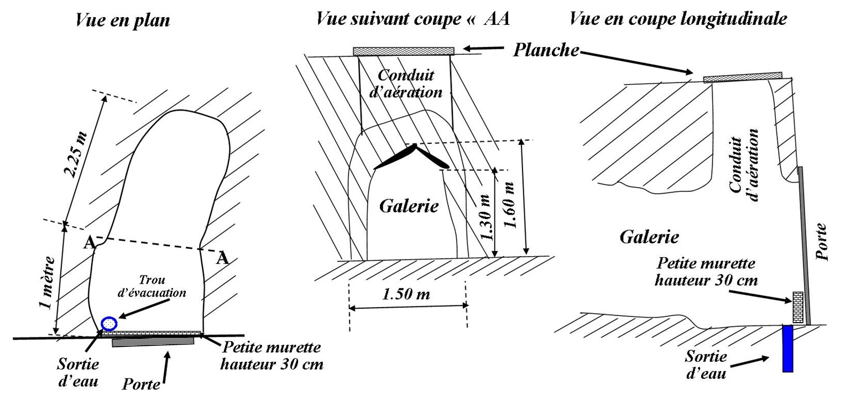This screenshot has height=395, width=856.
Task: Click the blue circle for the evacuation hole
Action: pyautogui.click(x=109, y=323)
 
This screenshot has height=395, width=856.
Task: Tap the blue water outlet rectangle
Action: pyautogui.click(x=787, y=349)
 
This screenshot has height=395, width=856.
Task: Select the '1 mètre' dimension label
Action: pyautogui.click(x=49, y=282)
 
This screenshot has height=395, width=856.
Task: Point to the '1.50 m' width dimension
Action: pyautogui.click(x=406, y=294)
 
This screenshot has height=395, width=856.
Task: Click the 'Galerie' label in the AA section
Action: pyautogui.click(x=409, y=206)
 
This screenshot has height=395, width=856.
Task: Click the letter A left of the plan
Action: pyautogui.click(x=87, y=242)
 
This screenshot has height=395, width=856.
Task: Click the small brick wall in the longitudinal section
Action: pyautogui.click(x=797, y=307)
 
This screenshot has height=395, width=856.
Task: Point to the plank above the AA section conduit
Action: pyautogui.click(x=403, y=51)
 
